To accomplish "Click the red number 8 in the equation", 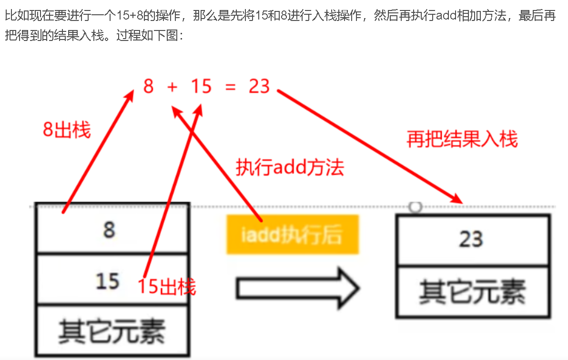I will (x=149, y=87).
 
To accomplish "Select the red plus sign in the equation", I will (x=172, y=87).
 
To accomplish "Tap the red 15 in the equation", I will (x=201, y=87).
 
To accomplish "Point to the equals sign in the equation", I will (x=231, y=87).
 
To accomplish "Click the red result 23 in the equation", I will (x=259, y=87).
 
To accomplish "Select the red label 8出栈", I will (x=67, y=130).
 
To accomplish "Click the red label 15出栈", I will (x=167, y=287).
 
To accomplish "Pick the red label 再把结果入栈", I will (x=462, y=139).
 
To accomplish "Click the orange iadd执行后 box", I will (x=293, y=234).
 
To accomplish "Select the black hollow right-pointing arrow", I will (x=297, y=289).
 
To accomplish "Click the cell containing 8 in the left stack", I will (x=109, y=230).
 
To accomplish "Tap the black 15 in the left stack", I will (x=107, y=281).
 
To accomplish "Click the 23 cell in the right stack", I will (x=472, y=240).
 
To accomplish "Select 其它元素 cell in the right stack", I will (x=472, y=291).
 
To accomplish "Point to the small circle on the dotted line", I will (x=416, y=207).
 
